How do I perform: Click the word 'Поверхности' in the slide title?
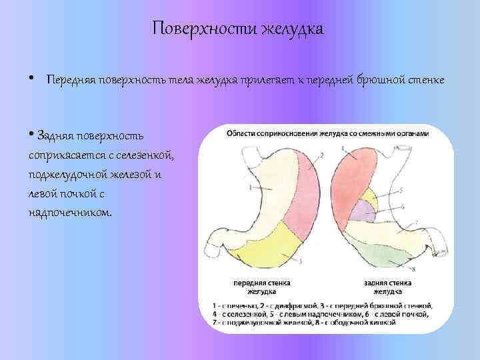[205, 29]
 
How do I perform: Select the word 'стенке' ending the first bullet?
[426, 81]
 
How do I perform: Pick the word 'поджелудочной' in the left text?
[72, 175]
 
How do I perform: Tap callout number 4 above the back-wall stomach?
[341, 148]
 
